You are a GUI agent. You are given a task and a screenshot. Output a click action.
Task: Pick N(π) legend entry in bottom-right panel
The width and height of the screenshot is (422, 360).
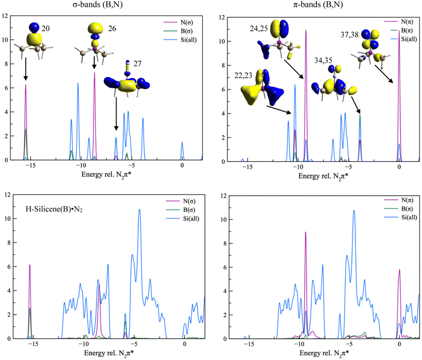400,200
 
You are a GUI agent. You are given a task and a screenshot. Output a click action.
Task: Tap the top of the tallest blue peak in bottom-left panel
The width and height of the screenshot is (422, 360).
139,210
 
